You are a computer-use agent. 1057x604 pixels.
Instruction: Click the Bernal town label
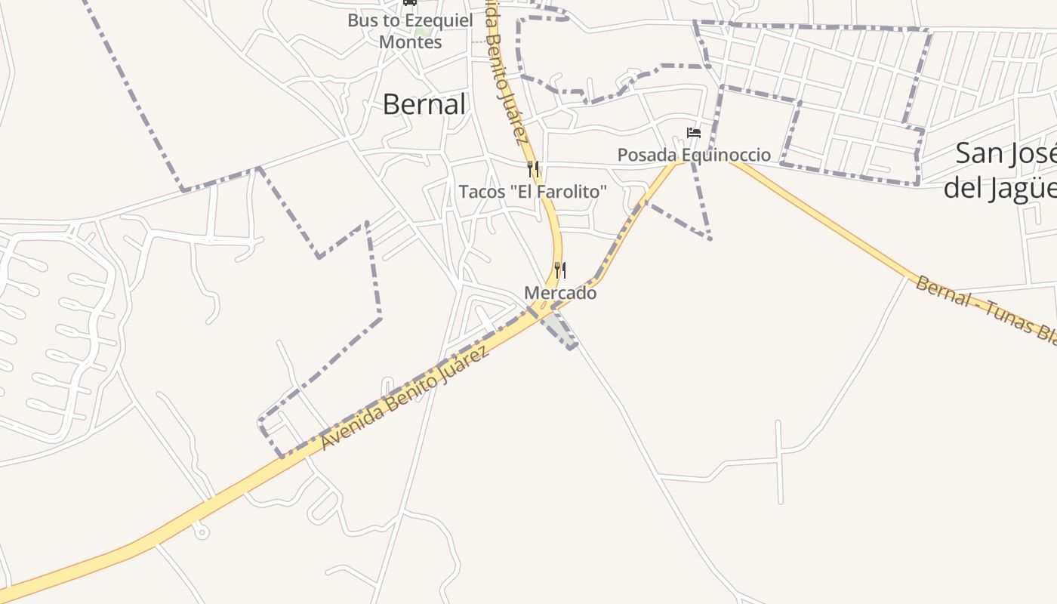[424, 104]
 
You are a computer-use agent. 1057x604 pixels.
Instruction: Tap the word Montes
[410, 42]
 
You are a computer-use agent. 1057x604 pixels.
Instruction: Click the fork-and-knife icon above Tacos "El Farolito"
[533, 168]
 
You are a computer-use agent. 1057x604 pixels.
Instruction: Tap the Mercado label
[560, 293]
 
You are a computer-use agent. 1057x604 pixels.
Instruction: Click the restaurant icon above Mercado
[560, 270]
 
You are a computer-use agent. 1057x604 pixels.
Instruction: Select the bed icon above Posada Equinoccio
[694, 134]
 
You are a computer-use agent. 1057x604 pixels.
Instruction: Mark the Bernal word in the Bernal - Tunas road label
[941, 291]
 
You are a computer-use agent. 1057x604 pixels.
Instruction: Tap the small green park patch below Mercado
[557, 328]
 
